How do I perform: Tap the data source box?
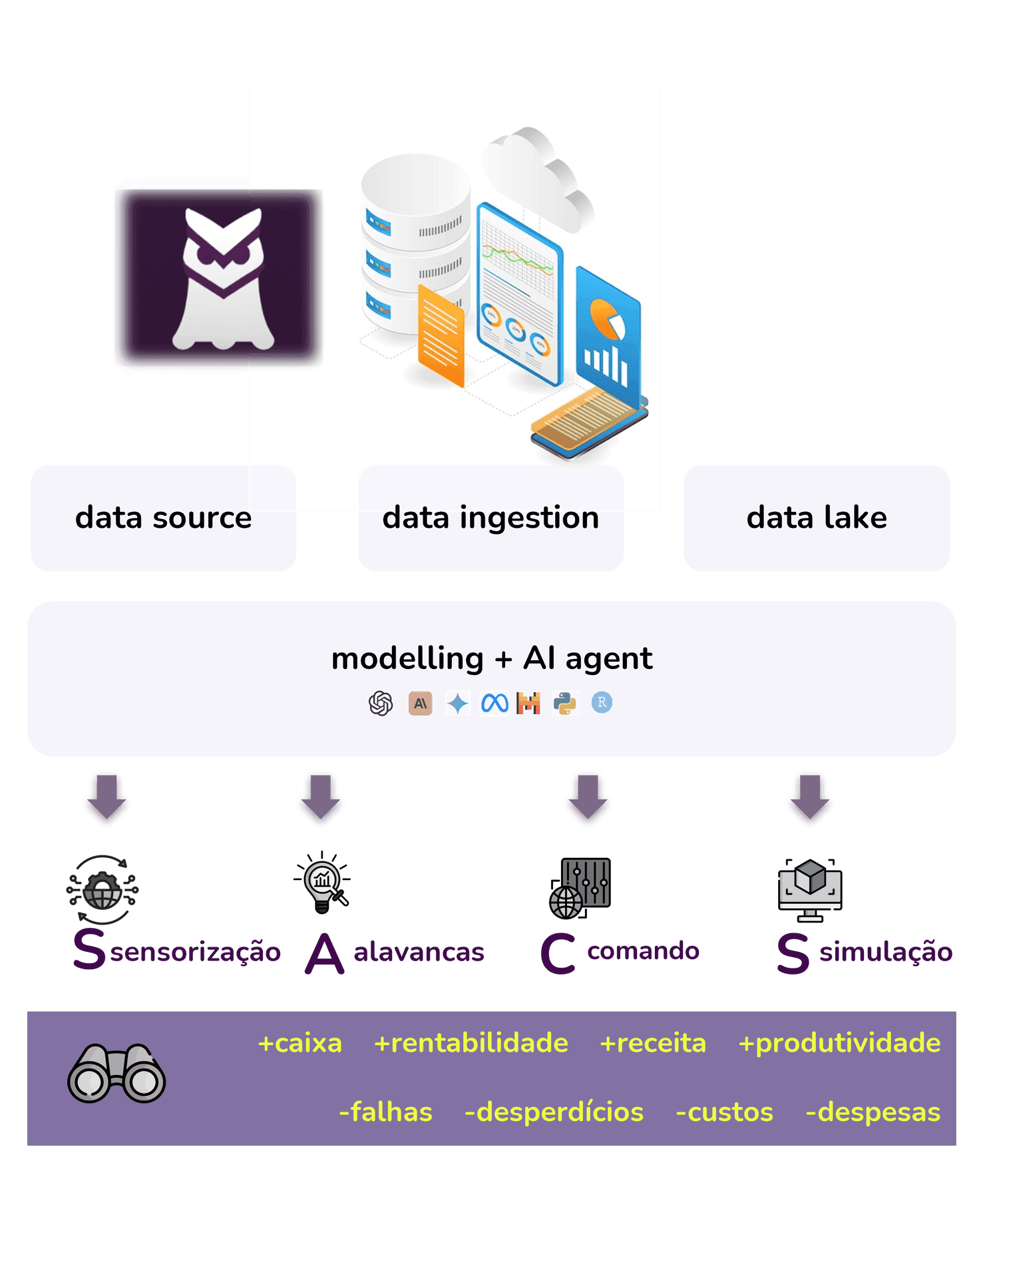coord(163,518)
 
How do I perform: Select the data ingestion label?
coord(491,518)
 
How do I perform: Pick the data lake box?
coord(817,518)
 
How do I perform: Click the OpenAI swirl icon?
coord(381,704)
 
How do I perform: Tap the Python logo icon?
coord(565,704)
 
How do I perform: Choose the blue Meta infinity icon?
coord(495,704)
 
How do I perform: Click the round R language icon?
coord(602,703)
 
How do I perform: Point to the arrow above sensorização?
coord(106,799)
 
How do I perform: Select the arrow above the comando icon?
coord(588,799)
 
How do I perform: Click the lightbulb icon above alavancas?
coord(323,883)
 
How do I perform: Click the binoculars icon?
coord(116,1074)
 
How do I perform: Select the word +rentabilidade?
coord(471,1043)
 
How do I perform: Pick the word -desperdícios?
coord(554,1112)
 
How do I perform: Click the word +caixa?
coord(300,1043)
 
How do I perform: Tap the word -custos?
coord(724,1112)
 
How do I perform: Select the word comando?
coord(643,951)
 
